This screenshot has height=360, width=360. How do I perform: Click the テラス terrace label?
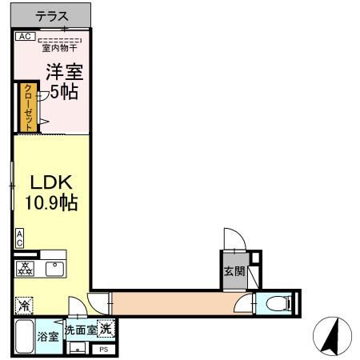pyautogui.click(x=51, y=15)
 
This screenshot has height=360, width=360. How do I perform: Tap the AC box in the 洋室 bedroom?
pyautogui.click(x=24, y=37)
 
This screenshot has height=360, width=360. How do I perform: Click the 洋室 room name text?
pyautogui.click(x=63, y=72)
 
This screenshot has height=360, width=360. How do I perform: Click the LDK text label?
pyautogui.click(x=47, y=182)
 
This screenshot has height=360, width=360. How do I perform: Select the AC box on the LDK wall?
pyautogui.click(x=18, y=238)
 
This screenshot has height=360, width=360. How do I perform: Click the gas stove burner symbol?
pyautogui.click(x=24, y=269)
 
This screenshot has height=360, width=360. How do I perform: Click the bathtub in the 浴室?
pyautogui.click(x=23, y=337)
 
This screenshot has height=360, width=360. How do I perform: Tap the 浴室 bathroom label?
pyautogui.click(x=48, y=337)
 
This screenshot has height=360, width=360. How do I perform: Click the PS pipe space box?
pyautogui.click(x=103, y=350)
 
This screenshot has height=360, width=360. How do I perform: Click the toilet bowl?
pyautogui.click(x=274, y=303)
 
